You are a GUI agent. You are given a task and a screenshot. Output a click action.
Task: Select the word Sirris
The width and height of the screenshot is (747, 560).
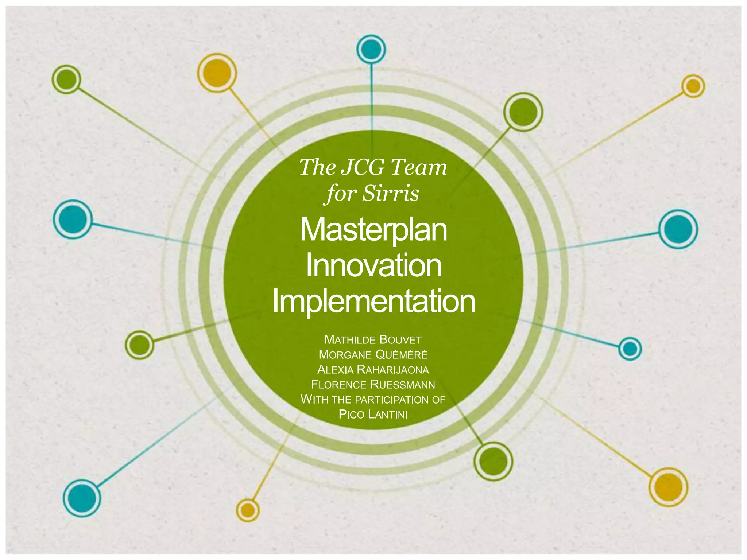coord(390,193)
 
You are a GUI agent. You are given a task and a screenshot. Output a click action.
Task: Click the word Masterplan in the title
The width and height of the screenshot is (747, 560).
coord(373,230)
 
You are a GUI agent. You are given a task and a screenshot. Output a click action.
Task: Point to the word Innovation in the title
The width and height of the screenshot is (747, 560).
coord(373,266)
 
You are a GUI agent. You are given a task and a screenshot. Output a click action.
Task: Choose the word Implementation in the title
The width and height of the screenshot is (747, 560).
coord(373,301)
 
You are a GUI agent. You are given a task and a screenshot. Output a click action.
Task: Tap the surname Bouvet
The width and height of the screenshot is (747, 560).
coord(400,340)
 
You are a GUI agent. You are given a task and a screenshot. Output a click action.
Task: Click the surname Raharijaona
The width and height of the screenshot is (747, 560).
coord(393,370)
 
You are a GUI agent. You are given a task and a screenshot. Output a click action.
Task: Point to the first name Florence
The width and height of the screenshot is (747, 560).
coord(339,385)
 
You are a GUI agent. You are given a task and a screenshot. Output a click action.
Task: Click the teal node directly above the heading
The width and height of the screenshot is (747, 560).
coord(371,48)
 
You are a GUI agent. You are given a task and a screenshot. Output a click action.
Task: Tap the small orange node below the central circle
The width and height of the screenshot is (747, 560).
coord(248,510)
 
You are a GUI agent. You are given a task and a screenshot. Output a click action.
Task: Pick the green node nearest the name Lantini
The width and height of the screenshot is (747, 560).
coord(493,461)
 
